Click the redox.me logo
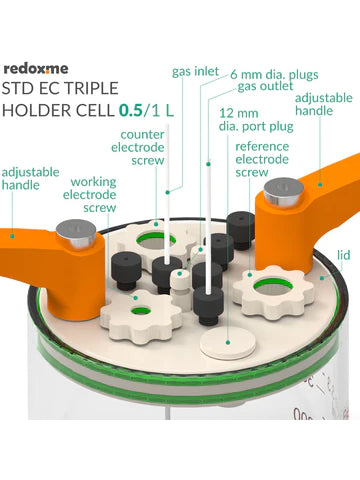[36, 69]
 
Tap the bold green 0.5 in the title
[131, 111]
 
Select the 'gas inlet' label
[195, 71]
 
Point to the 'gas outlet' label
[265, 86]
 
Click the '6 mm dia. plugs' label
[274, 75]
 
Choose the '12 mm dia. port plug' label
[256, 120]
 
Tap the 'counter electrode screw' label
[138, 147]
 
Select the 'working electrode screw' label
[90, 195]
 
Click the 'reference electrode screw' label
[262, 159]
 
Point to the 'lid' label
[344, 255]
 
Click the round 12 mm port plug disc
[228, 343]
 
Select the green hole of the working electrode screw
[141, 311]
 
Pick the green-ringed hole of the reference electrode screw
[273, 287]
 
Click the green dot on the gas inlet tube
[168, 192]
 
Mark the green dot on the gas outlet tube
[208, 164]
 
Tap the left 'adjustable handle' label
[30, 179]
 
